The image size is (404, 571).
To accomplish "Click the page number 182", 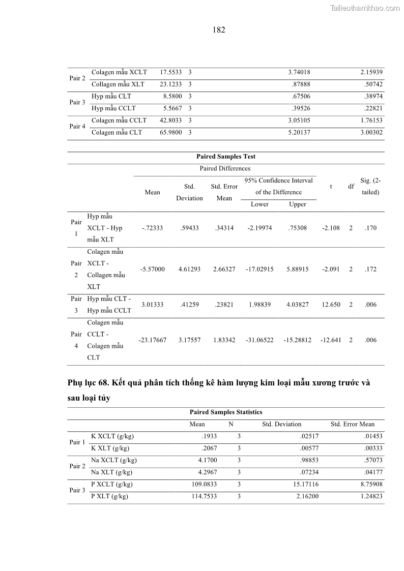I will pos(219,30).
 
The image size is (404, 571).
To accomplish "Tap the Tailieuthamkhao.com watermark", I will pos(365,8).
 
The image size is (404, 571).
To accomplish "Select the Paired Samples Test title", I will pos(226,157).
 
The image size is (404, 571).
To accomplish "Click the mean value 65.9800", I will pos(170,132).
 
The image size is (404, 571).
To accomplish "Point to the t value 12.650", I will pos(331,305).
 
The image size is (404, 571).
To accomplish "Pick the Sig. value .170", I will pos(370,228).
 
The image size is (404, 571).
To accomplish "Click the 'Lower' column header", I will pos(259,204).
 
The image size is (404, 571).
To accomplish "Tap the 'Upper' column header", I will pos(298,204).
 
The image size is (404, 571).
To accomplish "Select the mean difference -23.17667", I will pos(153,340).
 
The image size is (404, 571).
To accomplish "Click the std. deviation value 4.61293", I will pos(189,269).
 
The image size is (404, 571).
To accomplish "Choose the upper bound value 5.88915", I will pos(298,269).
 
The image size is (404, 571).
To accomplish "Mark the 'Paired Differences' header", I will pos(225,168).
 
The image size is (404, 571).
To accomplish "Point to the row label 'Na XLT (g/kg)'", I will pos(111,472).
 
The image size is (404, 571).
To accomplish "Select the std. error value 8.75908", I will pos(369,485).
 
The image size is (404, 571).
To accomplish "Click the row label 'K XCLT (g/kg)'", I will pos(112,436).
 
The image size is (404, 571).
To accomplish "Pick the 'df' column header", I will pos(351,186).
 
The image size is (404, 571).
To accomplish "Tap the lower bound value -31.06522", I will pos(259,340).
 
